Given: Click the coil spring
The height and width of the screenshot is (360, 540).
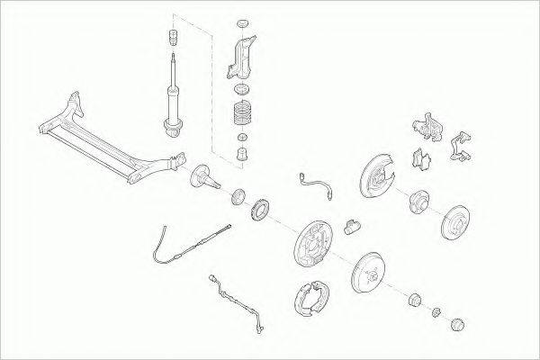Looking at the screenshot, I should coord(242,115).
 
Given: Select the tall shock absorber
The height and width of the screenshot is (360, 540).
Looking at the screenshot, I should coord(170,99).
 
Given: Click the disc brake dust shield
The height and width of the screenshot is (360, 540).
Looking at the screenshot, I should coord(370,175).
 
